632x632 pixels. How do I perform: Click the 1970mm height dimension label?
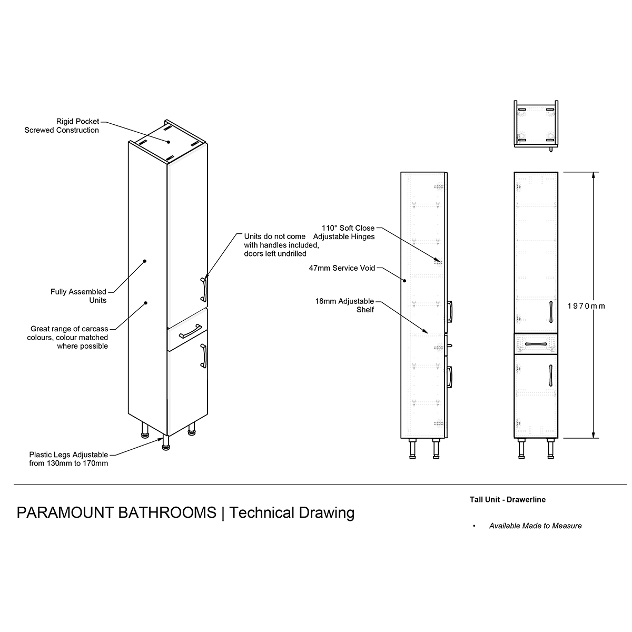point(586,306)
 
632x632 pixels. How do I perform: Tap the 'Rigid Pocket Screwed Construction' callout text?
point(62,126)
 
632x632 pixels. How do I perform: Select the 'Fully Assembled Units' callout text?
point(78,296)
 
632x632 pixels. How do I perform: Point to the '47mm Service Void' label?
point(342,268)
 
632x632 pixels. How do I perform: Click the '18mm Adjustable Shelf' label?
point(344,305)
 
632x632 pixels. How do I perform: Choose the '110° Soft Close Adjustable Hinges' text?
point(344,232)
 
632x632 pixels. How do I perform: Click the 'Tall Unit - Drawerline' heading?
point(507,499)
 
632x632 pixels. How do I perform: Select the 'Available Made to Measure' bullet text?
point(535,526)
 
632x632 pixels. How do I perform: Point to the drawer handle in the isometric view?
point(190,331)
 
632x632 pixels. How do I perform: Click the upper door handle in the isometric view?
point(204,290)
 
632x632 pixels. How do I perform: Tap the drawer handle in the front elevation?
point(536,344)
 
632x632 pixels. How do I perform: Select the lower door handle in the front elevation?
point(551,376)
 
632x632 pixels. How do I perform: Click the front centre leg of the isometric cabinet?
point(166,443)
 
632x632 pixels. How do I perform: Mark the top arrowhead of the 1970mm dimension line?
point(593,175)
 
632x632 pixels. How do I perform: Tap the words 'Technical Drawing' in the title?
point(292,513)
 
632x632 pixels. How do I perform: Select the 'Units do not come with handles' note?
point(281,245)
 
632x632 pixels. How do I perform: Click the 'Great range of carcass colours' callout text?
point(67,337)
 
